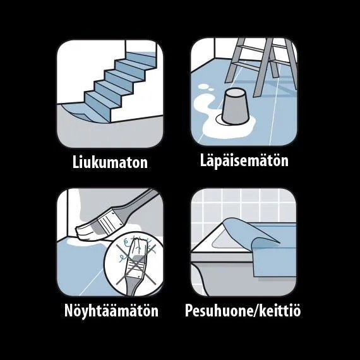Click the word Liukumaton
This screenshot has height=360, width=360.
point(110,162)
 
